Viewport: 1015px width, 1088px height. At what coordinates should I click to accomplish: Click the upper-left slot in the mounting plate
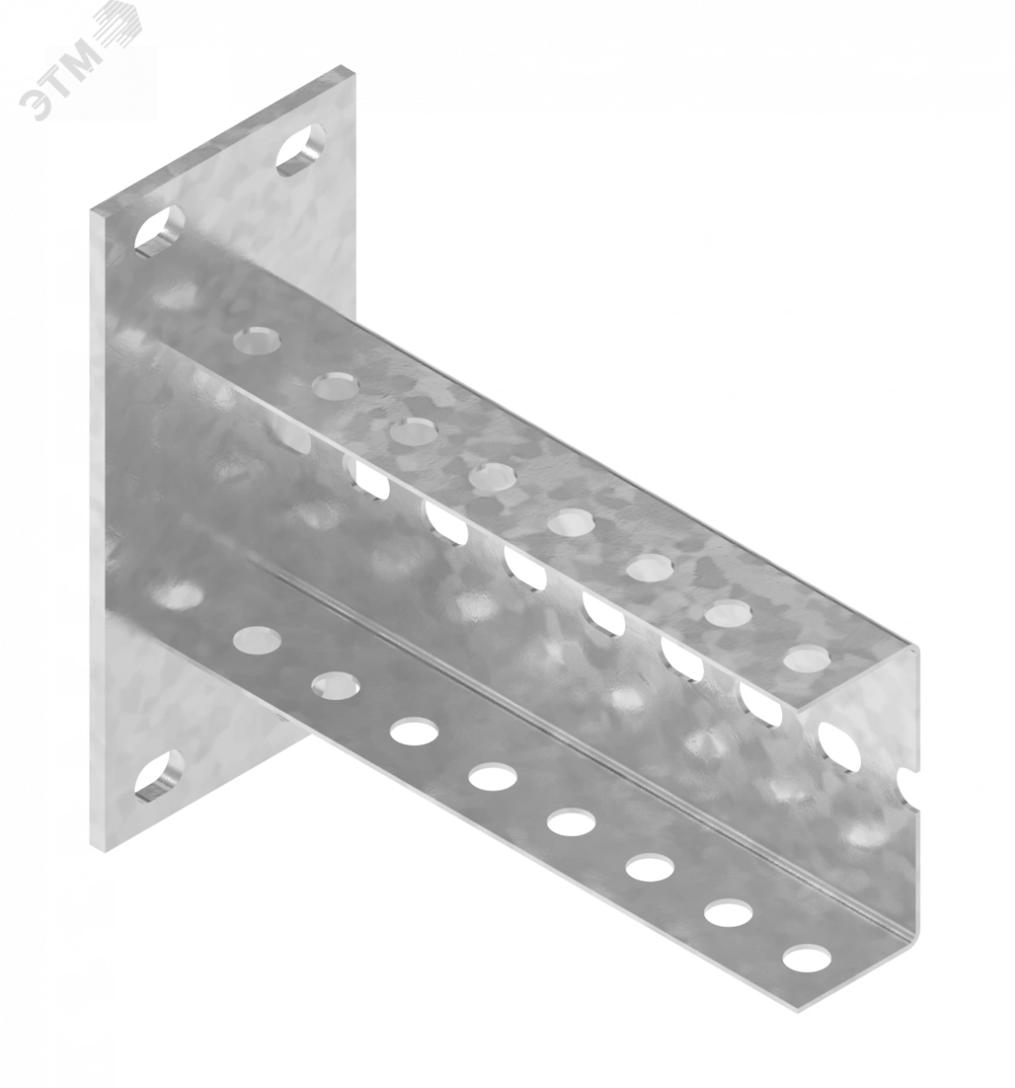[x=159, y=232]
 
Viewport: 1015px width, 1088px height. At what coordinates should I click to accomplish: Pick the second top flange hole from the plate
[x=336, y=384]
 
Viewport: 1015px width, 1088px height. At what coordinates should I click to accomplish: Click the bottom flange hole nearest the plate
[x=256, y=640]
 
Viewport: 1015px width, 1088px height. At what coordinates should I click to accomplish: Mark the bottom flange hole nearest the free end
[x=807, y=958]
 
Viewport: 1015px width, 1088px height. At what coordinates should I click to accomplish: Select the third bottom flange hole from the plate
[x=414, y=732]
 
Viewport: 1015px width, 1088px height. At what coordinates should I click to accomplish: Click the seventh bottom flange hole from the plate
[x=728, y=914]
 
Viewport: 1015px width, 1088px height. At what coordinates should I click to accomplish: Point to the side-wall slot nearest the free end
[x=838, y=747]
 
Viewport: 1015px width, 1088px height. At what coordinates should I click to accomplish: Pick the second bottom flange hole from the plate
[x=336, y=686]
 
